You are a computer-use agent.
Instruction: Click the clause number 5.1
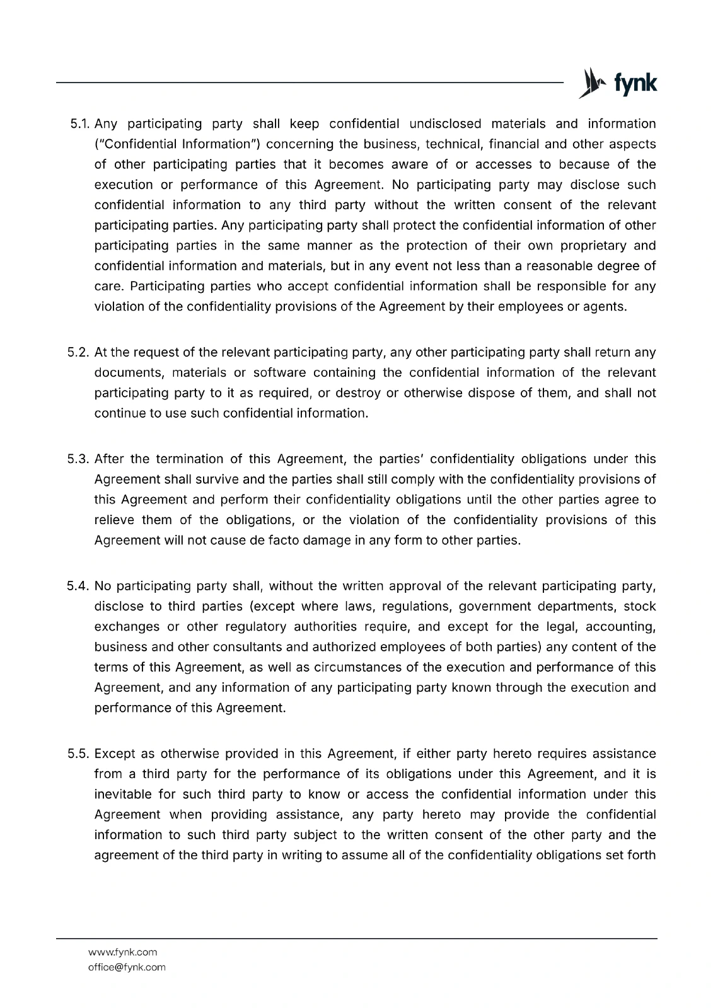click(x=79, y=123)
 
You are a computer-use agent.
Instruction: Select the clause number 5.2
click(x=79, y=352)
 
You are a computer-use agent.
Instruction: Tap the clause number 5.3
click(x=79, y=459)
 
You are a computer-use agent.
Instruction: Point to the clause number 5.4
click(x=79, y=586)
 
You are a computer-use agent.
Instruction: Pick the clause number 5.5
click(x=79, y=753)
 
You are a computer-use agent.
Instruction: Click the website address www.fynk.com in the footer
click(x=122, y=952)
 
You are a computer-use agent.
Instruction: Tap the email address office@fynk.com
click(x=127, y=967)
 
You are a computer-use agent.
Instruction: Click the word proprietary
click(x=584, y=246)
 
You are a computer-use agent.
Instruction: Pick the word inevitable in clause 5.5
click(x=121, y=794)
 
